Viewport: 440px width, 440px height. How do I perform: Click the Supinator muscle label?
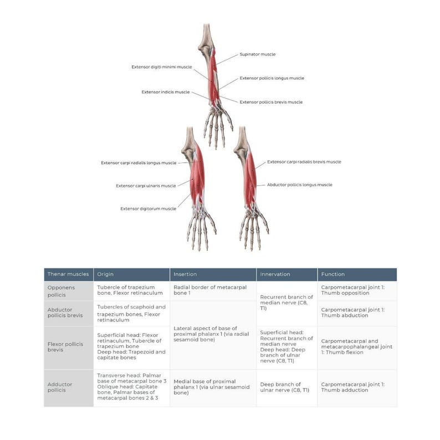[257, 54]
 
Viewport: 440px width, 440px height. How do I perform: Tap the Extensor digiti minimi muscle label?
[161, 67]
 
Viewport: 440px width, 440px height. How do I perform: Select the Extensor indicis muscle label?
[165, 92]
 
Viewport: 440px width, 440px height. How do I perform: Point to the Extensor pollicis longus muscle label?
[272, 78]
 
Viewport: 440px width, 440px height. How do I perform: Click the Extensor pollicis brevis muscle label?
[271, 102]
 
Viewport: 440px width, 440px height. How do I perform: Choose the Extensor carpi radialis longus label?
[139, 163]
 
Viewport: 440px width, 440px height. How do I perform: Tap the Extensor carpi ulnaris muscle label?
[146, 186]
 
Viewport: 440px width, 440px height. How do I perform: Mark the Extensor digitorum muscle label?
[148, 209]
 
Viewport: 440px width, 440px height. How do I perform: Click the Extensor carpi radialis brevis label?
[304, 162]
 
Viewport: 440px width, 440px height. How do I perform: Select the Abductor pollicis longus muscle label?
[299, 185]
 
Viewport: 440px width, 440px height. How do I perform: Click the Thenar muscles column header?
[68, 274]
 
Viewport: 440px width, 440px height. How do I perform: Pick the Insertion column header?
[185, 274]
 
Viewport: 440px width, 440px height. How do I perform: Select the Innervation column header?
[275, 274]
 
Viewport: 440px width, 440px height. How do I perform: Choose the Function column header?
[333, 274]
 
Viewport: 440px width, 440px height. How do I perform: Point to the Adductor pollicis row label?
[57, 386]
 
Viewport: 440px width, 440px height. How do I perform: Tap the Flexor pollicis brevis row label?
[65, 347]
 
